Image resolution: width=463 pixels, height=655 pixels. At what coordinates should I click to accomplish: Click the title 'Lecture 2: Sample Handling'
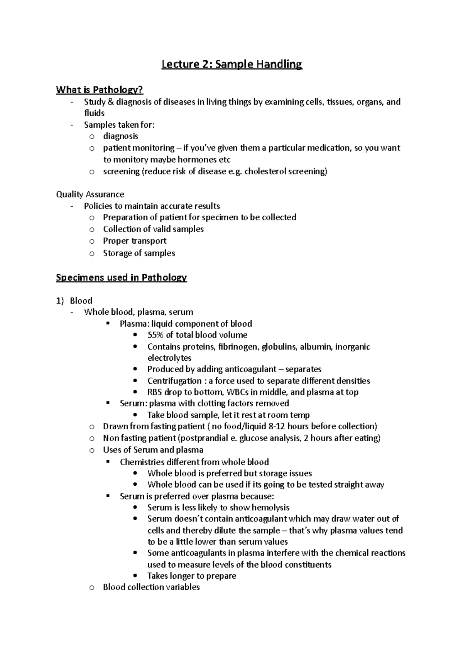(231, 64)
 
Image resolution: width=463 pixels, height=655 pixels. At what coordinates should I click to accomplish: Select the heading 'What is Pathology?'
(100, 90)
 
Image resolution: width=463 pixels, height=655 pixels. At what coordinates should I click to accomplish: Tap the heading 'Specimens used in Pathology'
(121, 278)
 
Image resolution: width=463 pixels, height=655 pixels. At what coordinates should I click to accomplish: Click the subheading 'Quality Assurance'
(90, 194)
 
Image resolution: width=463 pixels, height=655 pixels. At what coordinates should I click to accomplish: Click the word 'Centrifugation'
(174, 381)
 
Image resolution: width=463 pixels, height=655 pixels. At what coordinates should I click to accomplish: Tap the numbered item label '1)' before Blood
(60, 301)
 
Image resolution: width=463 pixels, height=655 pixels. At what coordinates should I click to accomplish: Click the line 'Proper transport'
(135, 241)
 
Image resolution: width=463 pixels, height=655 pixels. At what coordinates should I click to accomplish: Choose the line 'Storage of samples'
(139, 253)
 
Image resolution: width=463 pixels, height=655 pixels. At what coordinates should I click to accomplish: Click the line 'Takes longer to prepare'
(192, 576)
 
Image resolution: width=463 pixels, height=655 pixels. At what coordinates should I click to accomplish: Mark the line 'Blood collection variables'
(151, 587)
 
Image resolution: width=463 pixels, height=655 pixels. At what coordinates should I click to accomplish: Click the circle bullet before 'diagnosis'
(91, 137)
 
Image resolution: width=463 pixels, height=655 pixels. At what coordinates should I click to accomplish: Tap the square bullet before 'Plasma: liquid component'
(108, 324)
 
